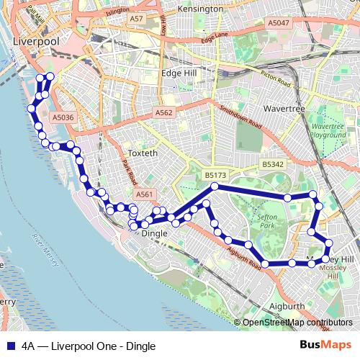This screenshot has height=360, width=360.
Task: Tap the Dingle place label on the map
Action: tap(154, 233)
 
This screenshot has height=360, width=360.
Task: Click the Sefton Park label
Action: tap(267, 221)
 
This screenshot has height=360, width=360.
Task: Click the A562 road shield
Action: tap(164, 113)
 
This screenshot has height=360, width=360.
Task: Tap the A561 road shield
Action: tap(145, 194)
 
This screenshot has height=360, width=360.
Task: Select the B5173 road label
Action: tap(215, 175)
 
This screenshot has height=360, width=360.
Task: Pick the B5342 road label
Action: tap(273, 164)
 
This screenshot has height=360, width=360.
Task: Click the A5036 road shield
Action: tap(63, 117)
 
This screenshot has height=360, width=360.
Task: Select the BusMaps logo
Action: tap(326, 345)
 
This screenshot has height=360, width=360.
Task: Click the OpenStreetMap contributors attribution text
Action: tap(296, 323)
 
